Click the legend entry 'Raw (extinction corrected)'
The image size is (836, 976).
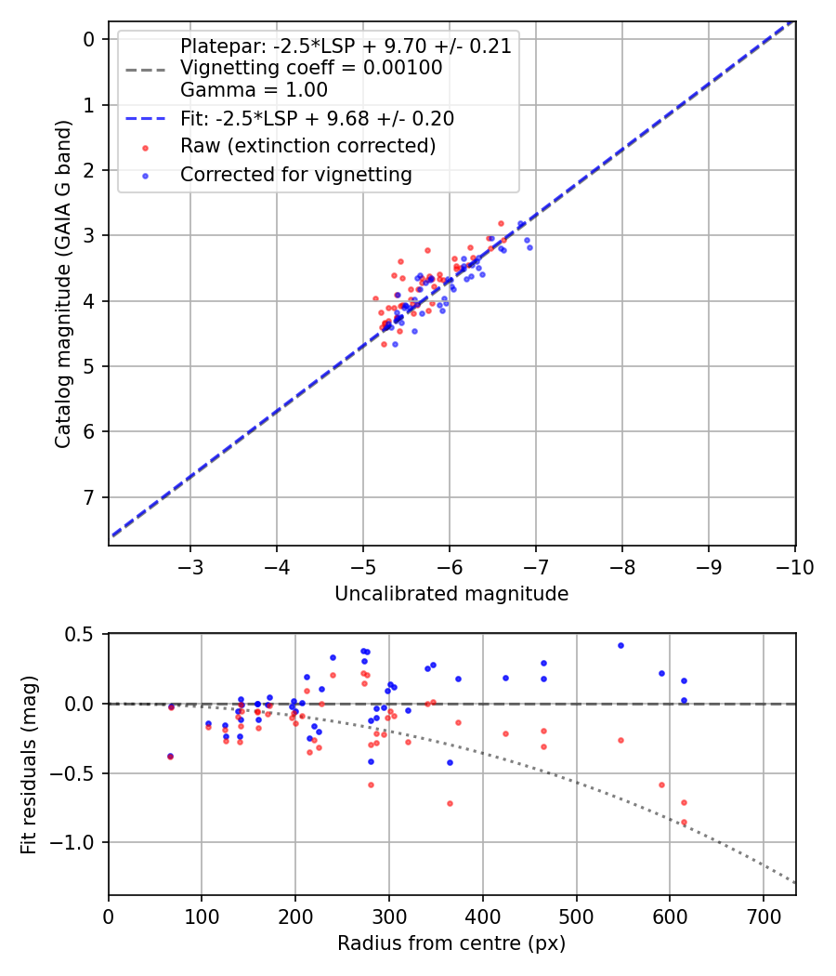(307, 146)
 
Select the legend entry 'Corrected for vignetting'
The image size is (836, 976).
(295, 174)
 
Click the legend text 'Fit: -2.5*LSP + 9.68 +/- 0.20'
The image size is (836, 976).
(317, 119)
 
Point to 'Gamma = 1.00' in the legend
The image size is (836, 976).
(254, 90)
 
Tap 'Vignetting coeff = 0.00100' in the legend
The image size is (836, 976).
(311, 68)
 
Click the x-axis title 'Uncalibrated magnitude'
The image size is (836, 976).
(451, 593)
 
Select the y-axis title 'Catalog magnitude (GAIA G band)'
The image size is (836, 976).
(63, 284)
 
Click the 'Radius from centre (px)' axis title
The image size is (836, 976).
(451, 943)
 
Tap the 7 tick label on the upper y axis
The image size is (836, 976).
(90, 497)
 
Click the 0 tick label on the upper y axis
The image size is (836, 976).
(90, 39)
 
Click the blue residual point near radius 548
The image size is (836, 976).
(620, 645)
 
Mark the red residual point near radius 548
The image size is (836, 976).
(620, 740)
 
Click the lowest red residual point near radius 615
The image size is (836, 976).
(684, 822)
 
